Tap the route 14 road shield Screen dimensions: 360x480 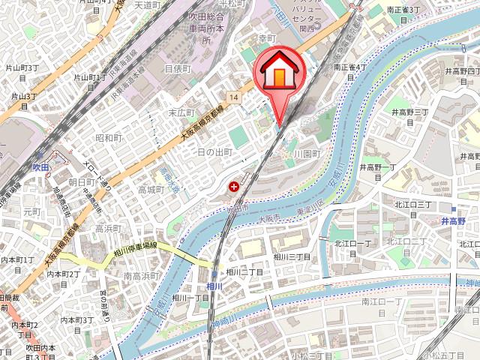[x=235, y=97]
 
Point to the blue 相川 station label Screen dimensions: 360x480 [x=214, y=286]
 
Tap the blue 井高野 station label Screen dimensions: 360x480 [x=453, y=221]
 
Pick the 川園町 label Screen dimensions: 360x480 [x=307, y=153]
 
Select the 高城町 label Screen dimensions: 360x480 [x=150, y=190]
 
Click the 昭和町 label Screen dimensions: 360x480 [x=109, y=138]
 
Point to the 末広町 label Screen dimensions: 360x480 [x=181, y=112]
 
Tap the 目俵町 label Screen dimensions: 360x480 [x=178, y=68]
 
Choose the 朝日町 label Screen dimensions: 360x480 [x=81, y=182]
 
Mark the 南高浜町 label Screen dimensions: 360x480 [x=139, y=276]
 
